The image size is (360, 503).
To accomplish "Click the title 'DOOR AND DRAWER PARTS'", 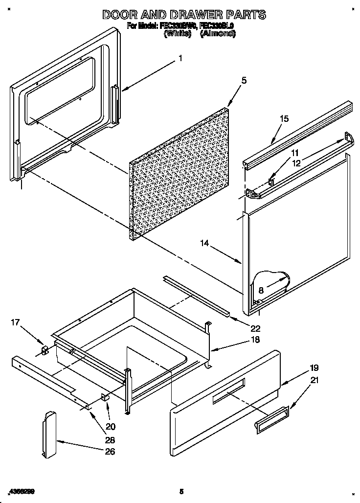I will click(x=184, y=15).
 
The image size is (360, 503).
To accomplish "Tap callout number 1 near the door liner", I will click(x=180, y=58).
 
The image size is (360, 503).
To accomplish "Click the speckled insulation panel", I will click(x=181, y=174).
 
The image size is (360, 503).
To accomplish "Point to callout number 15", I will click(x=284, y=119).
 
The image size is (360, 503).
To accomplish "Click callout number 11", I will click(x=295, y=153).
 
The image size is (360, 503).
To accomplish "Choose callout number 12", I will click(x=296, y=164).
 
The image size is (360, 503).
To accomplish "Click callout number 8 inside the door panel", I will click(x=261, y=291).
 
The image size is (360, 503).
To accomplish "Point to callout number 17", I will click(x=16, y=322).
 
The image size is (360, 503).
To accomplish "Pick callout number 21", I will click(x=314, y=380).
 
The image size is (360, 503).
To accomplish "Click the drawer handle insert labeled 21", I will click(x=271, y=420).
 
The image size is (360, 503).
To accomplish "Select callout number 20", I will click(x=111, y=426).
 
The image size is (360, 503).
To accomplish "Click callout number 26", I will click(x=111, y=451).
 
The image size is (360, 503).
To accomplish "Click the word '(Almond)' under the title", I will click(x=218, y=34).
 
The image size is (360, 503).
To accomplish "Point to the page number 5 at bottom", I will click(x=181, y=491).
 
